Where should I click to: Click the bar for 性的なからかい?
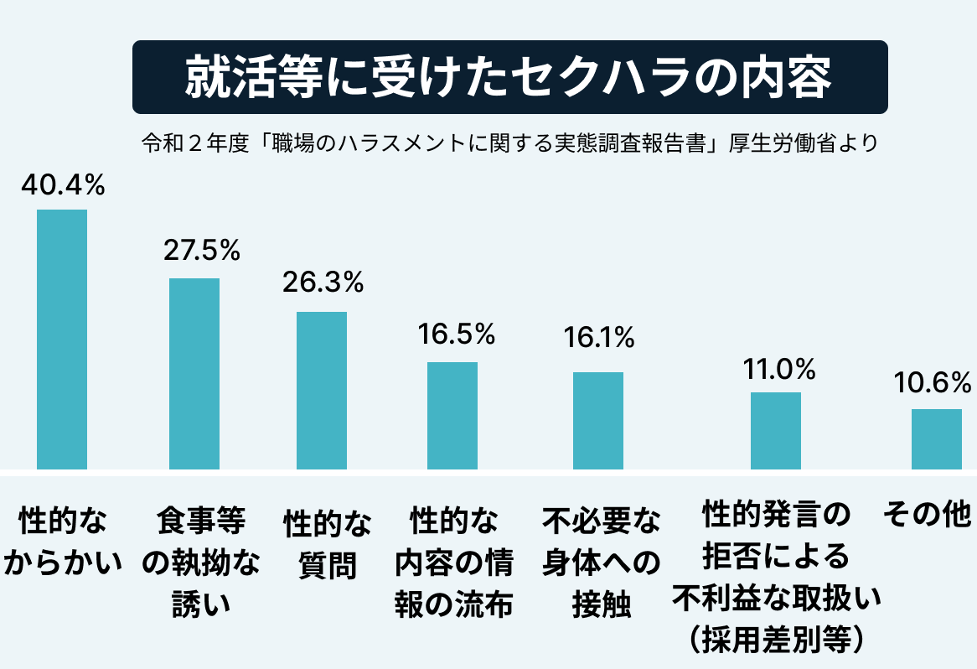click(x=63, y=339)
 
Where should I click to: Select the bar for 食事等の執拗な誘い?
click(x=194, y=373)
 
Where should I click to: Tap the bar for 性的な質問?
click(x=322, y=390)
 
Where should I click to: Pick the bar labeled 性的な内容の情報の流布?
click(x=452, y=415)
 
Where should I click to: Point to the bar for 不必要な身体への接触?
click(x=598, y=420)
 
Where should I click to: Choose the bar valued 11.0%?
click(x=775, y=430)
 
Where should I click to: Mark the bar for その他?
click(x=936, y=438)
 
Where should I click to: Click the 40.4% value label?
click(x=63, y=186)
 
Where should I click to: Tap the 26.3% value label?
click(x=323, y=283)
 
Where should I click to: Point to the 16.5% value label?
click(x=456, y=334)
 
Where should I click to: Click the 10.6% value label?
click(x=932, y=382)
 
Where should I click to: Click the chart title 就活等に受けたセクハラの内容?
click(x=509, y=78)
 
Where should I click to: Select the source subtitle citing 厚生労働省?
click(x=509, y=143)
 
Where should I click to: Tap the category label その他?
click(x=927, y=514)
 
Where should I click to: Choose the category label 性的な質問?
click(x=327, y=545)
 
